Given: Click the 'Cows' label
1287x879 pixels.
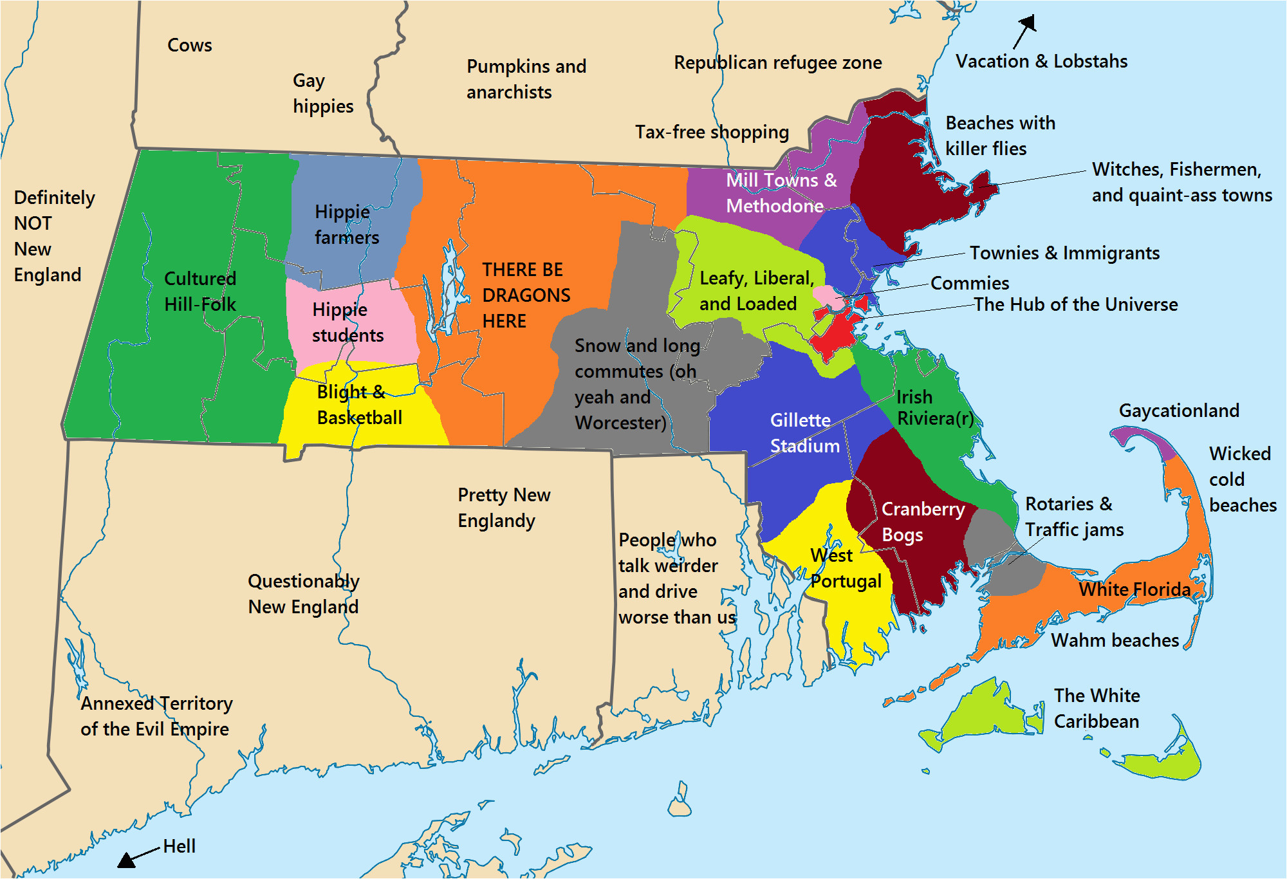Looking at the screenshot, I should pos(189,46).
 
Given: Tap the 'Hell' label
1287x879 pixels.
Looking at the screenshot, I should pos(179,846).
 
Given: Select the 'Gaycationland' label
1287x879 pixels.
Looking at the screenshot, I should pos(1179,411).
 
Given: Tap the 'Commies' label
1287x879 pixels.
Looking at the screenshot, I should pos(970,283).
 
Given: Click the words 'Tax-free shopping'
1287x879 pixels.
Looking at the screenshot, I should pos(712,133).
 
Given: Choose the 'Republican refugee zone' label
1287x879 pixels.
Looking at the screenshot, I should pos(777,63).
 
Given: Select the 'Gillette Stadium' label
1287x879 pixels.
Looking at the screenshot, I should pos(804,433).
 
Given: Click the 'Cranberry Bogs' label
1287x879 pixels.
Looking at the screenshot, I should pos(922,522).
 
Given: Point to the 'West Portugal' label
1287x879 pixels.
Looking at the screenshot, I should pos(845,568).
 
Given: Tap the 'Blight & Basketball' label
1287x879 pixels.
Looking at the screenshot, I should pos(359,405).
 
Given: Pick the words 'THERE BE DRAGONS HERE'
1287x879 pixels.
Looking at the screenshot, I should pos(526,295).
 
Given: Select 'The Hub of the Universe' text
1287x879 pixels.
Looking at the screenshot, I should pos(1075,304).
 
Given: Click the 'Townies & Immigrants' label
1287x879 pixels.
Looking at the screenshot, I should pos(1064,253).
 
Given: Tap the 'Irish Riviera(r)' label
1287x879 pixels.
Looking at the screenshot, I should pos(934,408).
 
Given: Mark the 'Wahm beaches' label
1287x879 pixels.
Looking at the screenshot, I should pos(1115,640).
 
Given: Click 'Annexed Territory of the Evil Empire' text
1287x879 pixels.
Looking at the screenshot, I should pos(156,716).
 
